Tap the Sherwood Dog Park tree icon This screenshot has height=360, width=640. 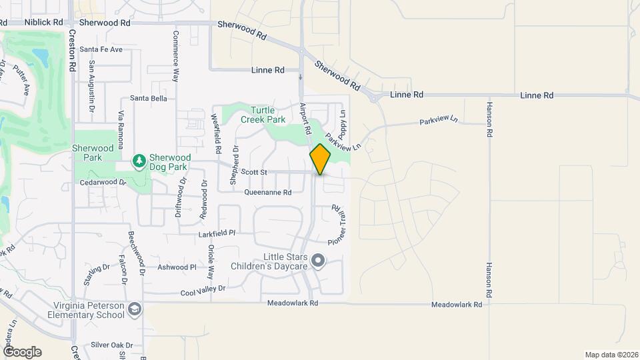point(139,161)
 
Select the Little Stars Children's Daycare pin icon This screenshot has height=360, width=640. point(319,261)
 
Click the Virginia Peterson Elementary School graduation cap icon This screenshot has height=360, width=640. point(135,309)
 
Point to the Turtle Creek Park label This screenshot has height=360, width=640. point(268,115)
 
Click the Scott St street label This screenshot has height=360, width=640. point(254,172)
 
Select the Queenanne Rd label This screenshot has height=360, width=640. point(268,193)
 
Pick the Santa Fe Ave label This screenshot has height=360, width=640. point(101,49)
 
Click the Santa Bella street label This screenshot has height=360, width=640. point(149,98)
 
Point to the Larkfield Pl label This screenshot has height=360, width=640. point(217,235)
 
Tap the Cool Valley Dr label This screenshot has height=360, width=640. point(203,290)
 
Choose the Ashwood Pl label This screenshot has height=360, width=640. point(177,267)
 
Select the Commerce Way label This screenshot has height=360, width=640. point(176,56)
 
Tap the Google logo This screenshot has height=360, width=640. point(22,351)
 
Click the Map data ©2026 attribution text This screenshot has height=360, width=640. point(611,355)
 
